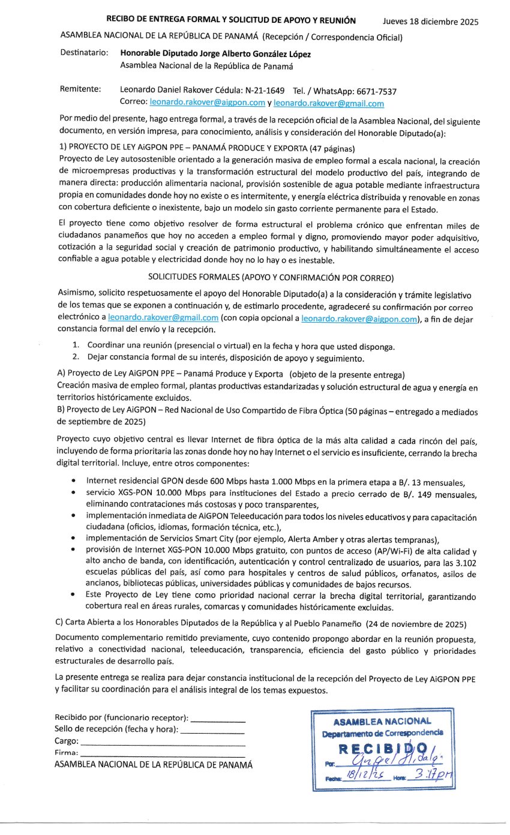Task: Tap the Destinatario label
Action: (x=84, y=53)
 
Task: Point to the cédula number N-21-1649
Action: (x=265, y=91)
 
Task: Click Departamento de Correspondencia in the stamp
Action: (x=382, y=732)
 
